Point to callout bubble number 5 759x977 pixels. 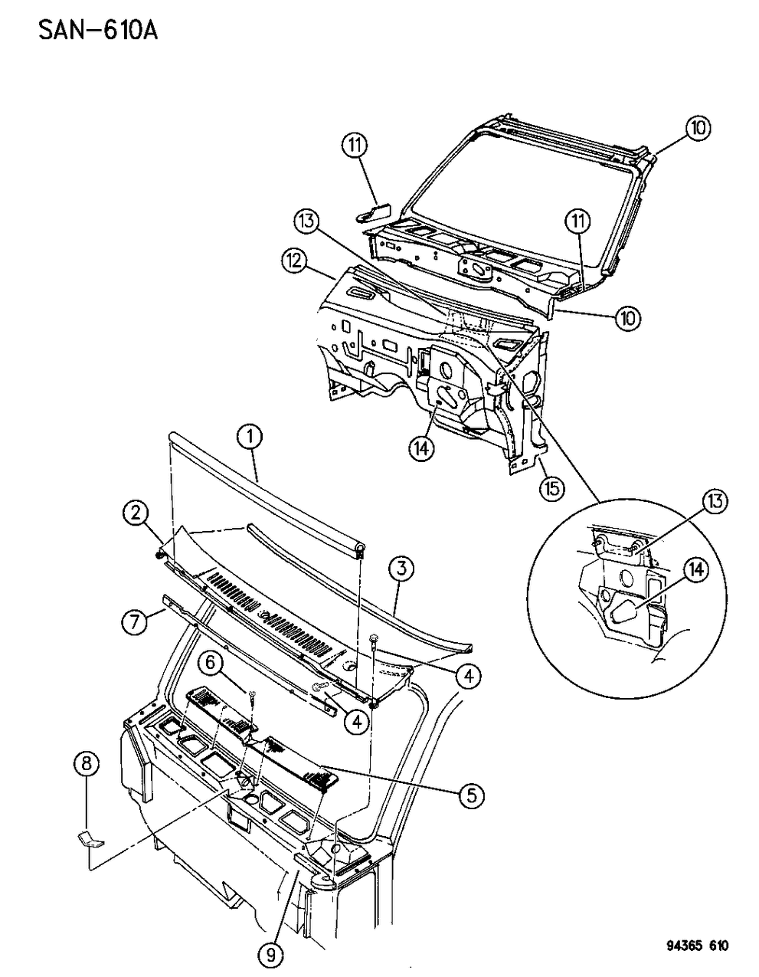click(x=471, y=795)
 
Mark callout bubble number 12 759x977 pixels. click(x=294, y=262)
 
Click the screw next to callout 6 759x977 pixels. click(x=253, y=696)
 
